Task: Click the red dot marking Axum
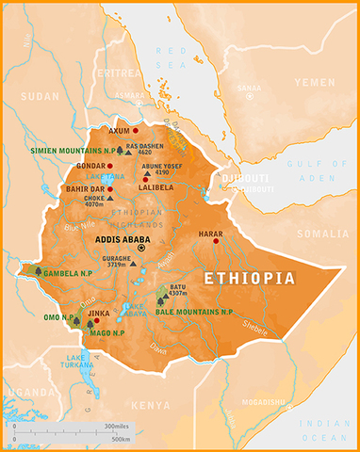tap(136, 130)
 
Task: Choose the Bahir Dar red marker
tap(110, 188)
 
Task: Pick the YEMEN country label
tap(314, 82)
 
